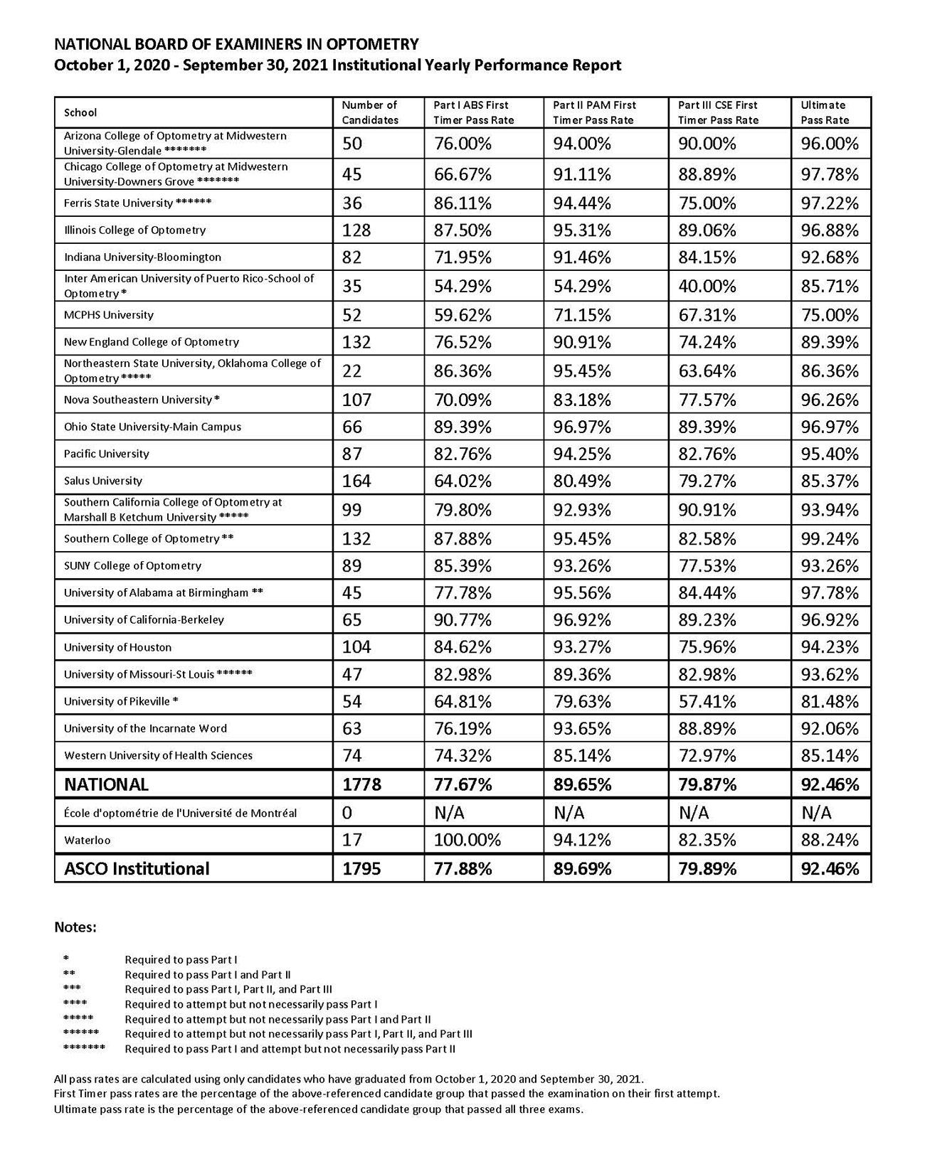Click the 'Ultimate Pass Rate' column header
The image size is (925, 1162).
tap(825, 112)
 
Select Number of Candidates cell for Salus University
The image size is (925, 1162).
tap(356, 481)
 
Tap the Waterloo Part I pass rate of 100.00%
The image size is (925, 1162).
tap(467, 841)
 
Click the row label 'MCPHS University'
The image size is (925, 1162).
tap(109, 315)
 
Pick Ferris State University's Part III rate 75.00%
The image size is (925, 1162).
tap(707, 203)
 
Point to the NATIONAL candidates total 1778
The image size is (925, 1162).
tap(361, 785)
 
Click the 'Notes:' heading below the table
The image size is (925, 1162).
tap(75, 927)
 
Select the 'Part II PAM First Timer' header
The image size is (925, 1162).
tap(594, 112)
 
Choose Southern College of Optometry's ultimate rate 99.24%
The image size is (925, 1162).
tap(830, 539)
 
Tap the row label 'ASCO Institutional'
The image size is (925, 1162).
tap(137, 869)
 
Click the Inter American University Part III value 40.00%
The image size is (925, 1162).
tap(707, 287)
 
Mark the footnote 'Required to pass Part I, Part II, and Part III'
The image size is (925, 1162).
tap(228, 989)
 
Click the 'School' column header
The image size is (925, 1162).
tap(80, 112)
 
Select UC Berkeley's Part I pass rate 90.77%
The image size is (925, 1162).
tap(462, 620)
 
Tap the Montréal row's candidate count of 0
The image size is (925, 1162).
tap(347, 813)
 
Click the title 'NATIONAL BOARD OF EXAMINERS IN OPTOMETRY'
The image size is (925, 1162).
tap(236, 44)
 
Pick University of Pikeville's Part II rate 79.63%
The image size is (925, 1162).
tap(582, 702)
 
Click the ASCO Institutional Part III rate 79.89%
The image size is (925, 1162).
tap(707, 869)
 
